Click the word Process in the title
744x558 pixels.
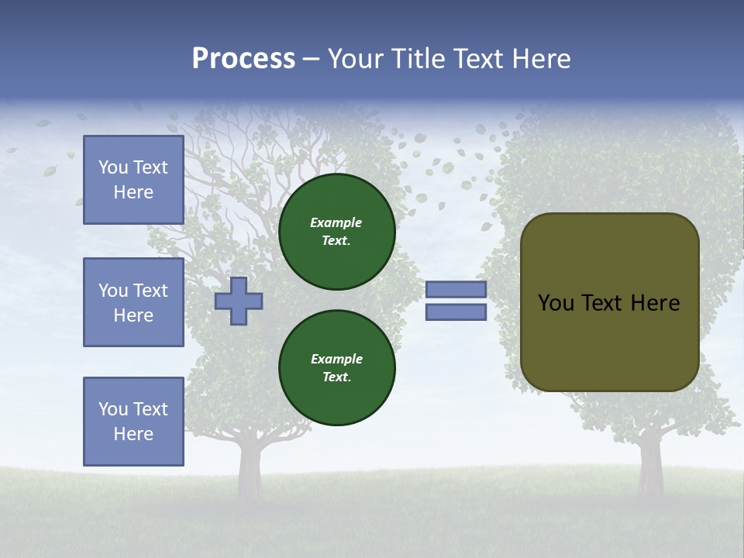243,59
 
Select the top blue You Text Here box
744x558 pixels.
133,180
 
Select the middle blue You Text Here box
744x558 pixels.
133,302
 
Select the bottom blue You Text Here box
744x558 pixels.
133,422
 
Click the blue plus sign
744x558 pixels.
239,301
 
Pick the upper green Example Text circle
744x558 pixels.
336,231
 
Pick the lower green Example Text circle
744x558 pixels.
336,367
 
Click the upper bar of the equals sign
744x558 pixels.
456,289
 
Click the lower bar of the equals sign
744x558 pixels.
456,312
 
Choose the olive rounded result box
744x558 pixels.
609,302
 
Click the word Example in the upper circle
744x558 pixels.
336,222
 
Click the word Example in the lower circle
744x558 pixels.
336,359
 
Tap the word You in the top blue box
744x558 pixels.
113,167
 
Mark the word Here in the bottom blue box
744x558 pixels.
133,434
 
